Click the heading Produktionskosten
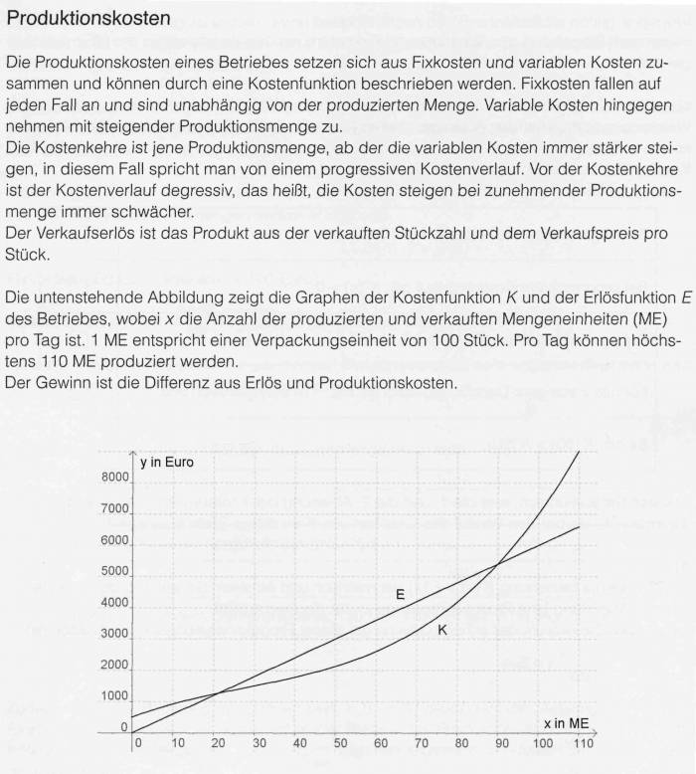[87, 19]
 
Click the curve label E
[400, 594]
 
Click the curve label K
[442, 629]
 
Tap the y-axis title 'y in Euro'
[167, 463]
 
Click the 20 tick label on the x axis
[219, 744]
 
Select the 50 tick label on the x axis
[340, 744]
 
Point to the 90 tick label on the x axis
[501, 744]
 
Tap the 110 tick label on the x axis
[582, 744]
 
